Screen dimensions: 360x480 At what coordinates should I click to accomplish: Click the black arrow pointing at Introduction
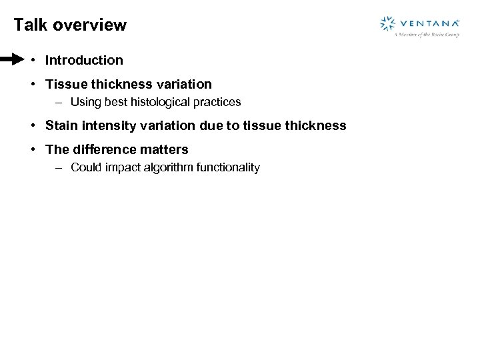coord(12,60)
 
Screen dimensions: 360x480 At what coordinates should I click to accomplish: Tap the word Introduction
coord(84,60)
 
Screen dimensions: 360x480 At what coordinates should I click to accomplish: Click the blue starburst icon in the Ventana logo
coord(387,23)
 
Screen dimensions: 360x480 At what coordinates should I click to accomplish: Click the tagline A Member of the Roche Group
coord(426,35)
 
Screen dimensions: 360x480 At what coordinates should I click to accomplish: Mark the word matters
coord(165,149)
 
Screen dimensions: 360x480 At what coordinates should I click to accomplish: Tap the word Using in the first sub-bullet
coord(84,103)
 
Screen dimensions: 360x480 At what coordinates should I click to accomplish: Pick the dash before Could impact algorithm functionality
coord(59,167)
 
